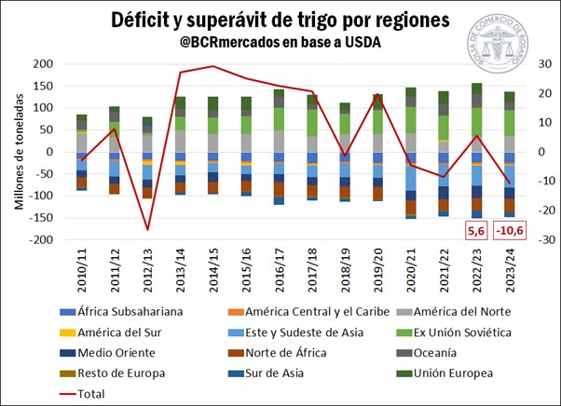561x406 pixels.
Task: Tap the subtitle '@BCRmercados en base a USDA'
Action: tap(280, 42)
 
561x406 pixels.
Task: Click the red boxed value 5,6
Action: tap(476, 230)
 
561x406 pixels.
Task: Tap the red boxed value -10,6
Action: tap(509, 230)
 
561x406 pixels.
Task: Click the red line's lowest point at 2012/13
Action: tap(147, 229)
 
